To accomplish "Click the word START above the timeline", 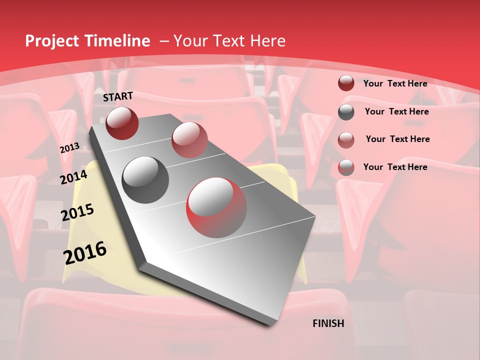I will pyautogui.click(x=118, y=96).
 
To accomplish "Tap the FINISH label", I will pyautogui.click(x=328, y=323).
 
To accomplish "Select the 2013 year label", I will pyautogui.click(x=69, y=148).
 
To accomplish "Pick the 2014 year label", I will pyautogui.click(x=73, y=177).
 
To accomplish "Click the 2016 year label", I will pyautogui.click(x=85, y=253).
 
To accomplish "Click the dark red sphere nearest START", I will pyautogui.click(x=122, y=123).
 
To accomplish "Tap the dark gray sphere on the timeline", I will pyautogui.click(x=145, y=180).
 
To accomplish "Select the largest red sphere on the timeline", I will pyautogui.click(x=216, y=207).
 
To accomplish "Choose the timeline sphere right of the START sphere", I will pyautogui.click(x=189, y=139).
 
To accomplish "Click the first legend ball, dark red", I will pyautogui.click(x=346, y=83).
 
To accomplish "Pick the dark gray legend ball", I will pyautogui.click(x=346, y=112).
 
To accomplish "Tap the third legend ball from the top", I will pyautogui.click(x=346, y=140).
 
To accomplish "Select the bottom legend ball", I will pyautogui.click(x=346, y=167).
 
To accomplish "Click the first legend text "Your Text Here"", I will pyautogui.click(x=395, y=83).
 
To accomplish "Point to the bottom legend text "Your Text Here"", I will pyautogui.click(x=395, y=167).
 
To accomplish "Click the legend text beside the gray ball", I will pyautogui.click(x=396, y=111).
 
